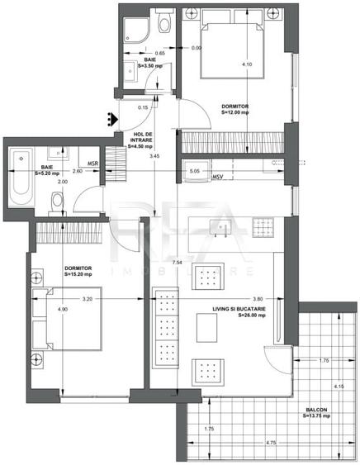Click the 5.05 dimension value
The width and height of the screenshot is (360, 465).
coord(195,172)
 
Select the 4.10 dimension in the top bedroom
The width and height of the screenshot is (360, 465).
coord(246,64)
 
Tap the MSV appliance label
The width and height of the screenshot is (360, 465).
coord(219,178)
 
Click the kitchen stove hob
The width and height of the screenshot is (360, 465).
coord(262,225)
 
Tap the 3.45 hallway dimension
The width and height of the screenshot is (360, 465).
coord(154,155)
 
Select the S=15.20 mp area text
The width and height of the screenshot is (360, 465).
coord(78,274)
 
